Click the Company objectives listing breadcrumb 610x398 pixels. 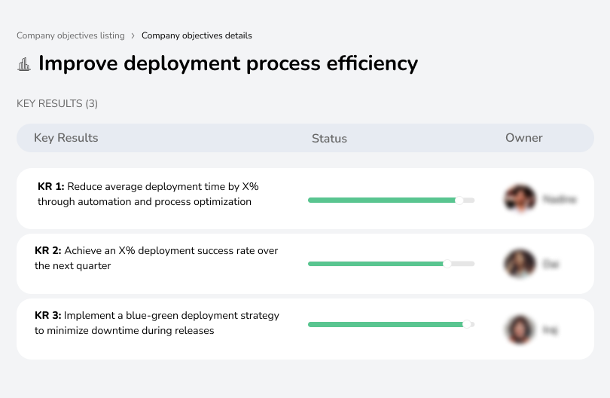coord(71,35)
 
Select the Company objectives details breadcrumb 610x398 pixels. coord(197,35)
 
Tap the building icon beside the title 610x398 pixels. coord(24,64)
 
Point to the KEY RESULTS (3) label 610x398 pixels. coord(57,103)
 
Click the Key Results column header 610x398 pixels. coord(66,138)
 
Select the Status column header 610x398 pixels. coord(329,139)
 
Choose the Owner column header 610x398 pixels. coord(523,138)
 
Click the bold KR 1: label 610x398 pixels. coord(50,186)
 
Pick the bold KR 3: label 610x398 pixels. coord(48,316)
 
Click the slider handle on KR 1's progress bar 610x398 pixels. coord(459,200)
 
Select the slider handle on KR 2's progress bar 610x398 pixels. coord(447,264)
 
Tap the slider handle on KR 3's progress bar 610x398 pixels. coord(467,324)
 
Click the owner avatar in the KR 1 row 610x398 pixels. coord(520,199)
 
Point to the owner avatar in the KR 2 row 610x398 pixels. coord(520,264)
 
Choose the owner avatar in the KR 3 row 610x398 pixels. coord(520,329)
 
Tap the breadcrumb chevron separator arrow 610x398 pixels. coord(133,35)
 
